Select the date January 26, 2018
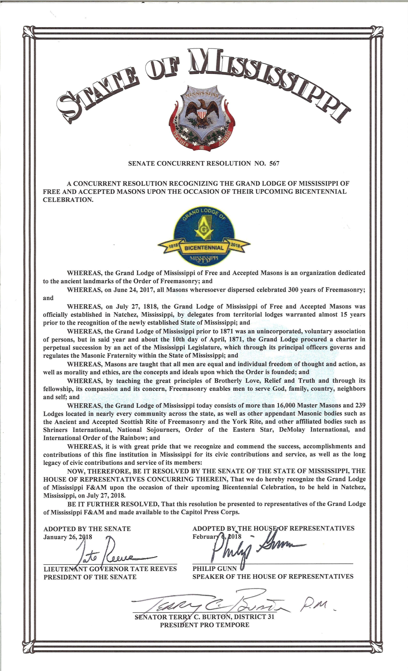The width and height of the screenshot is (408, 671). [x=68, y=537]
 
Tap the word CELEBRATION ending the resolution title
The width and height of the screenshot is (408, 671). [x=68, y=200]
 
